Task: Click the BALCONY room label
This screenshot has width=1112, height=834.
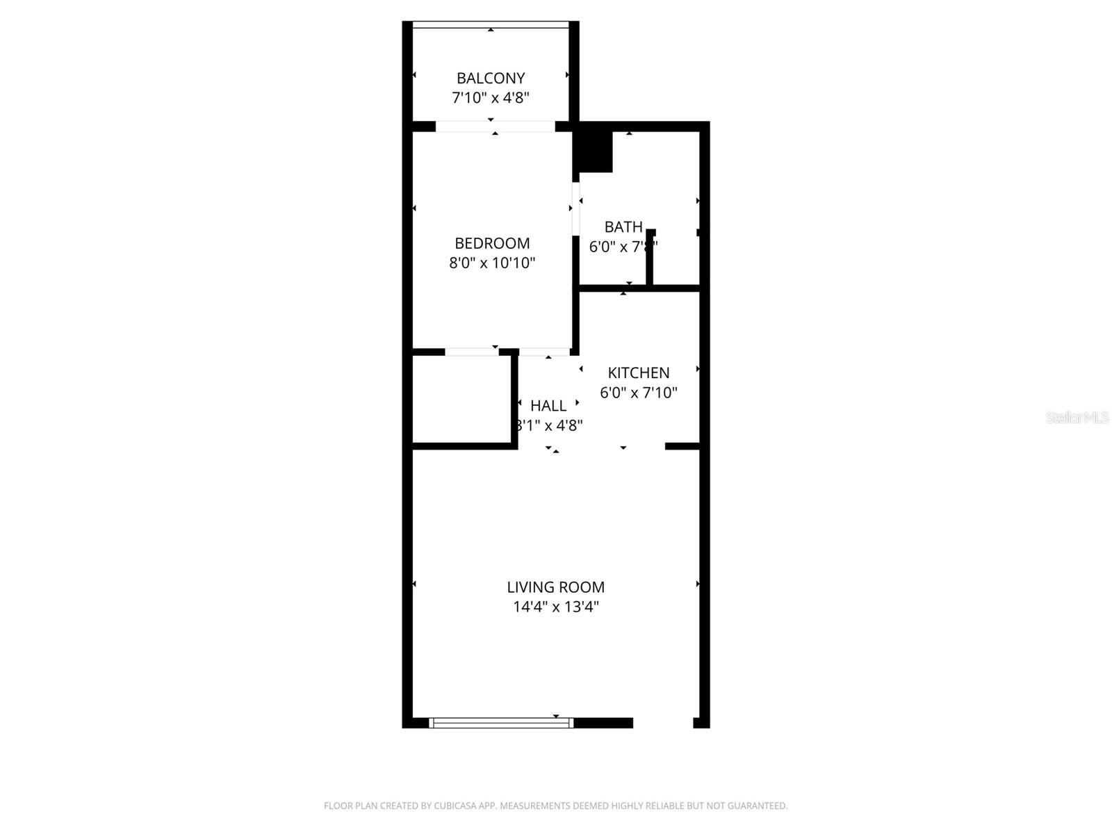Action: click(x=491, y=78)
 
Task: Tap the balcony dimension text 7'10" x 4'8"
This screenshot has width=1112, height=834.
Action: click(x=491, y=97)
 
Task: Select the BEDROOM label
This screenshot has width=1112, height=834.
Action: click(x=492, y=243)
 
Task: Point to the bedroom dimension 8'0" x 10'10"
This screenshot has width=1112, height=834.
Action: click(x=492, y=263)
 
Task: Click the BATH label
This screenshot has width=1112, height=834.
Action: click(x=623, y=227)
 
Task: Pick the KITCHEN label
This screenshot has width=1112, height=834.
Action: click(x=639, y=373)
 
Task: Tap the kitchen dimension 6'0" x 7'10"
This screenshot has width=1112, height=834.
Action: click(x=639, y=393)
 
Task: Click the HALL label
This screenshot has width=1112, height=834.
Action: click(x=548, y=406)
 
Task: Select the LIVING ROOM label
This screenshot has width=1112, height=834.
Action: click(x=555, y=587)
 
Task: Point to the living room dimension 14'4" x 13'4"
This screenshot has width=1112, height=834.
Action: click(x=555, y=607)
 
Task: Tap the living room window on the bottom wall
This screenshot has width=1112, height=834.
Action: click(x=501, y=723)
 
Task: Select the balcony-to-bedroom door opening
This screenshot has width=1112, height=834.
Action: click(x=495, y=126)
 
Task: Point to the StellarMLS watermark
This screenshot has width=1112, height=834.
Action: click(x=1078, y=418)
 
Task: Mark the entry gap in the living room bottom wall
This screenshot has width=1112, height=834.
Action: click(x=663, y=723)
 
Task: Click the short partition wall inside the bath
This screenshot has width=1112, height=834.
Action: click(x=651, y=257)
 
